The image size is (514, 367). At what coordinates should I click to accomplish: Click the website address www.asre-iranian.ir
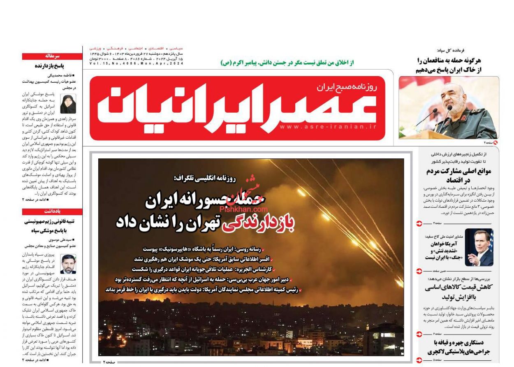[328, 127]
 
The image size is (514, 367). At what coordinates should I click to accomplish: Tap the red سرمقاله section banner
[52, 56]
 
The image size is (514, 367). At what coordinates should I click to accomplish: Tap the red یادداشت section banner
[52, 211]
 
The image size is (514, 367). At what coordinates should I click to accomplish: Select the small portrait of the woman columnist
[68, 104]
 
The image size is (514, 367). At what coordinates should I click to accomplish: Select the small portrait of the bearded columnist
[68, 264]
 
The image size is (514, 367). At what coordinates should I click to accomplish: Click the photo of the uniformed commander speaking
[449, 108]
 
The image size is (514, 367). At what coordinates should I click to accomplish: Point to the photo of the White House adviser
[479, 247]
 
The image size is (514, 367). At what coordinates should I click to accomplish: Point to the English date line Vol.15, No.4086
[136, 64]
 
